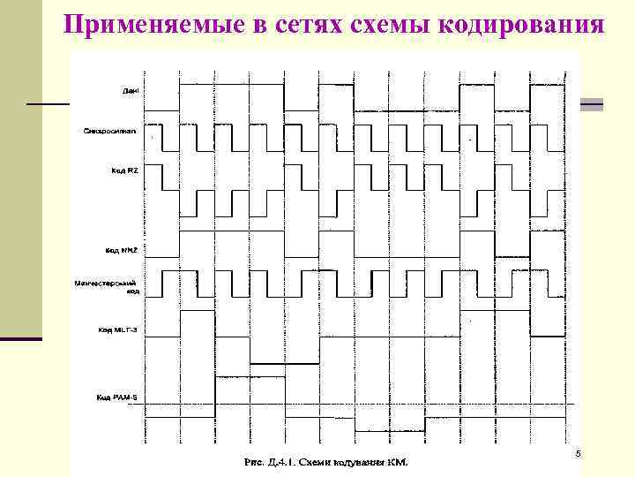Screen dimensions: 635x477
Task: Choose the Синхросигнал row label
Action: click(x=110, y=132)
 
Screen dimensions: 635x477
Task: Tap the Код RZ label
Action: click(x=123, y=170)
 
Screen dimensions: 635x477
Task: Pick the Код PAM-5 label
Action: click(x=116, y=397)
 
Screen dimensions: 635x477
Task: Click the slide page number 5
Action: click(x=578, y=454)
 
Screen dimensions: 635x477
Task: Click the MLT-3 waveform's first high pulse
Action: click(x=198, y=310)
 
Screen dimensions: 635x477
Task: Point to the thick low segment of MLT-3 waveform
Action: click(x=285, y=363)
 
